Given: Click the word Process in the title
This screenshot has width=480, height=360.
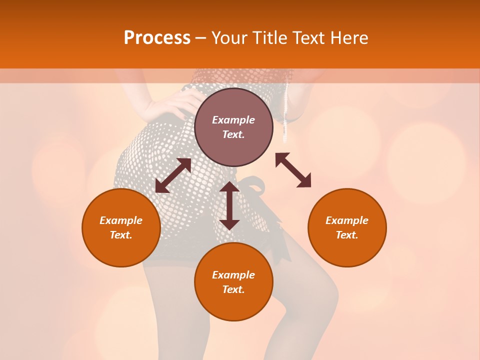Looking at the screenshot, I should coord(157,38).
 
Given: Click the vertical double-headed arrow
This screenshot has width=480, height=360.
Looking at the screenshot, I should coord(229,205).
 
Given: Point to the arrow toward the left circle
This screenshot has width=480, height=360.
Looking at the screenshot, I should coord(173,175).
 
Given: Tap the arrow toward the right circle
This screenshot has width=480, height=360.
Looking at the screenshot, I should coord(293,170).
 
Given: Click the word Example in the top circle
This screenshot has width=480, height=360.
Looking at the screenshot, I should coord(233,120).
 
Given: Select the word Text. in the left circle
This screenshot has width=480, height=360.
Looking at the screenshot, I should coord(121,235).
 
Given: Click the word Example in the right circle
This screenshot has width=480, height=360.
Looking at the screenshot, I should coord(347,220).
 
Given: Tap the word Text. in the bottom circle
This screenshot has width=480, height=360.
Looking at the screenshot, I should coord(233,289).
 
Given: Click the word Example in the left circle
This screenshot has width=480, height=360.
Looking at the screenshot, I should coord(121,220).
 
